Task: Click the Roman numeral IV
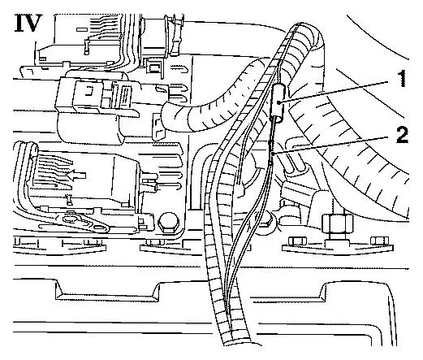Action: click(x=28, y=23)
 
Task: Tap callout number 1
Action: click(x=403, y=78)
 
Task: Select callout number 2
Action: click(x=402, y=135)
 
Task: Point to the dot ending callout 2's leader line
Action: click(x=274, y=154)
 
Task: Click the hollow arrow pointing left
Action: click(x=76, y=176)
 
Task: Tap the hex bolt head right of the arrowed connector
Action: click(x=167, y=222)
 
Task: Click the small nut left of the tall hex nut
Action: click(x=297, y=240)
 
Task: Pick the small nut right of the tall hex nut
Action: click(x=379, y=240)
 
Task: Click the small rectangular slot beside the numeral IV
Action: click(x=82, y=28)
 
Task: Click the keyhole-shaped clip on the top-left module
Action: click(x=86, y=46)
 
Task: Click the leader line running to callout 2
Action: click(x=335, y=146)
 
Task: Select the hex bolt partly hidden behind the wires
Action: click(x=266, y=222)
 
